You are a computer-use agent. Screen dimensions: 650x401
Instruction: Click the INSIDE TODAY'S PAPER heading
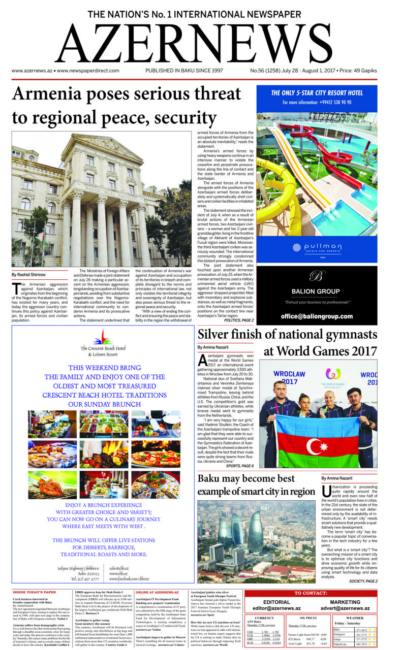[35, 592]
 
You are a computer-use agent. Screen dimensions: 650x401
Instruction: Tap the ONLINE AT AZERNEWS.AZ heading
[157, 592]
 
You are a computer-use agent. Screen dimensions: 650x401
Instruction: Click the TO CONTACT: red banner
[311, 593]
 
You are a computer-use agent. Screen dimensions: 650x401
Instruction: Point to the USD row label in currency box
[250, 632]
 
